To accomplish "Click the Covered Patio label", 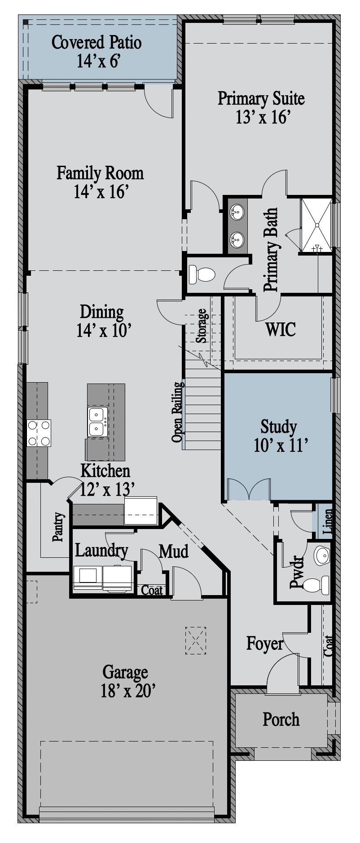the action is [x=97, y=43].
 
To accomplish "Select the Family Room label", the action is [x=100, y=173].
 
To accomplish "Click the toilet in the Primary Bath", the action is [x=202, y=274].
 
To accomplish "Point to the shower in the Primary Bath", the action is [x=316, y=225].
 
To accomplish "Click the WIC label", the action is [x=281, y=329].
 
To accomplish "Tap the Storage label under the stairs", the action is [x=202, y=326].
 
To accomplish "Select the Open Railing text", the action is [x=178, y=412].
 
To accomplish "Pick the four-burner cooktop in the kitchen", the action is [x=39, y=433].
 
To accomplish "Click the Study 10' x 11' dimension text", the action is [x=281, y=445].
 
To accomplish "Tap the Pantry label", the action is [x=58, y=527].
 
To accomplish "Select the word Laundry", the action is [x=101, y=550].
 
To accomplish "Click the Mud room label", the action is [x=174, y=551].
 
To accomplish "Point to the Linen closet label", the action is [x=328, y=521].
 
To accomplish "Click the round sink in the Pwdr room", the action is [x=321, y=556].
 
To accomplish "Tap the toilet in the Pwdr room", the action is [x=316, y=585].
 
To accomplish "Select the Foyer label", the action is [x=265, y=644].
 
